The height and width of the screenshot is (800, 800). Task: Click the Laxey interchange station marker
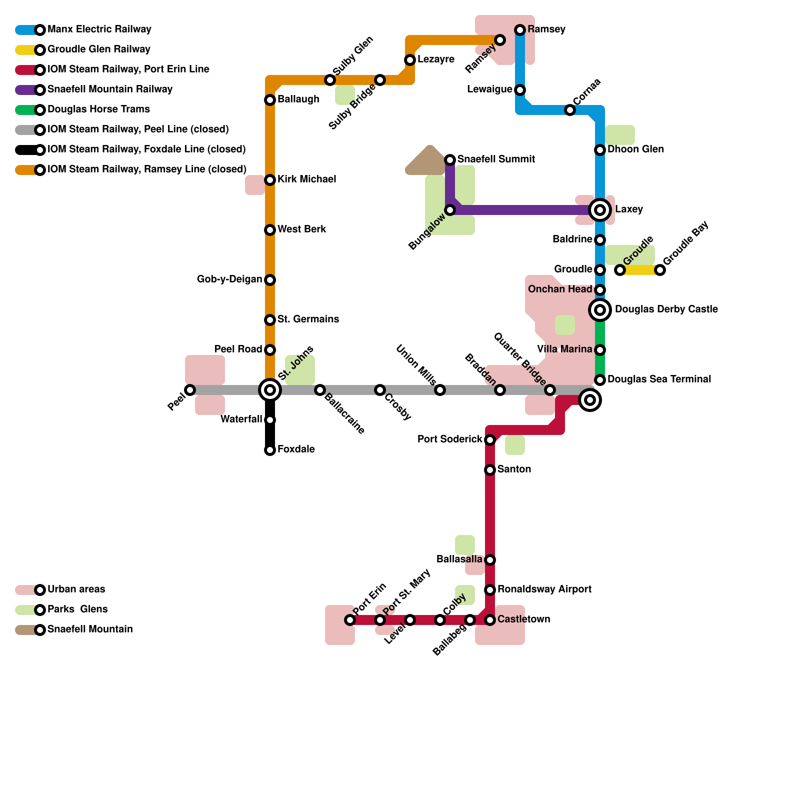click(x=600, y=210)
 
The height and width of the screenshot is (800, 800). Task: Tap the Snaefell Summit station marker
click(x=450, y=160)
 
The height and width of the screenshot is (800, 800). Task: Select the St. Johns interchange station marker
click(x=270, y=390)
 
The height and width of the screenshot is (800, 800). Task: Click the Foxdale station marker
click(x=270, y=450)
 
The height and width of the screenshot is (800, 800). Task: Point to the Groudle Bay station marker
click(x=660, y=270)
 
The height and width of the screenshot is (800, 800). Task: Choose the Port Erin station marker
click(x=350, y=620)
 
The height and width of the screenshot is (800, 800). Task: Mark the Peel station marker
click(x=190, y=390)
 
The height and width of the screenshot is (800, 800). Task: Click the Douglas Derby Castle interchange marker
click(x=600, y=310)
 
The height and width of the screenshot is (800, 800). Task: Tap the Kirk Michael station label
click(x=306, y=179)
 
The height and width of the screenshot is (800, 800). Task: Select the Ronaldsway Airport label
click(x=544, y=589)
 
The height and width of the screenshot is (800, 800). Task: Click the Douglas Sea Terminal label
click(x=659, y=379)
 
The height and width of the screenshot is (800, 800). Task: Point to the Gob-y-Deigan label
click(x=229, y=279)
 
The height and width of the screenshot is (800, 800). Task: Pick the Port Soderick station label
click(x=449, y=439)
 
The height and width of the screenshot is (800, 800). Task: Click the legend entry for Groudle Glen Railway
click(x=98, y=49)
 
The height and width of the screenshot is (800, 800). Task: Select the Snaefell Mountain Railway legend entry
click(x=109, y=89)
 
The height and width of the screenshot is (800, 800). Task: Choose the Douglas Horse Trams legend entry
click(x=98, y=109)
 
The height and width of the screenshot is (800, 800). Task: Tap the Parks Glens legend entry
click(x=77, y=609)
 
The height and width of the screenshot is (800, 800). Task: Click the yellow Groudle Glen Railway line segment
click(x=640, y=270)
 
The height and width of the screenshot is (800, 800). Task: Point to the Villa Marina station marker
click(x=600, y=350)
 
